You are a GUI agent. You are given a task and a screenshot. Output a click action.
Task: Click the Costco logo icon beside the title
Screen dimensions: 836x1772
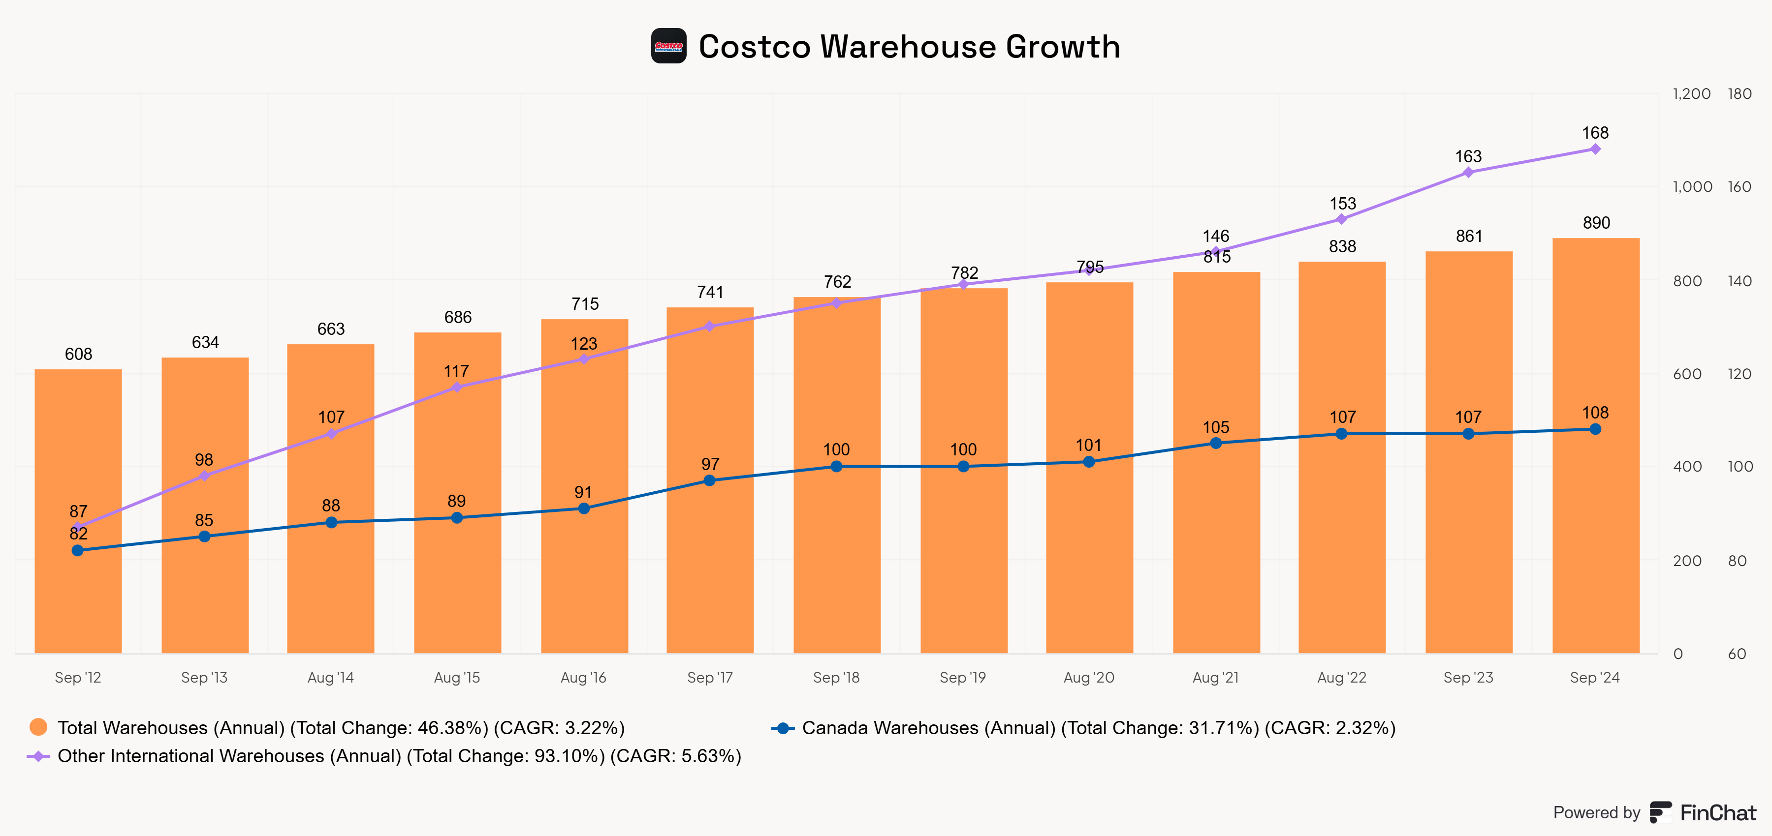668,46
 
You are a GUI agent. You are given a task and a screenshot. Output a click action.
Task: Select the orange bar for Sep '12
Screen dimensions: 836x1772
78,591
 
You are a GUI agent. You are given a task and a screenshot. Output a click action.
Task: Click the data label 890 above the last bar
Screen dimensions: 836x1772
1596,223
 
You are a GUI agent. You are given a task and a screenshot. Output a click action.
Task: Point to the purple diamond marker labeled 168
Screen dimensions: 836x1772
1595,149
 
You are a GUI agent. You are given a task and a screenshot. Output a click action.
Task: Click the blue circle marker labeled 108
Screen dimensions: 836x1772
1595,429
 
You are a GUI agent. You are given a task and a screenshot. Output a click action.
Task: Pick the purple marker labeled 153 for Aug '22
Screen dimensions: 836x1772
1341,219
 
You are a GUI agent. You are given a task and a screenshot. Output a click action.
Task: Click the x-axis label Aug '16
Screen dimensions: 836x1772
583,677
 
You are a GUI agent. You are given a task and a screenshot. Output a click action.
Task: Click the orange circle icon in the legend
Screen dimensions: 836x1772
38,727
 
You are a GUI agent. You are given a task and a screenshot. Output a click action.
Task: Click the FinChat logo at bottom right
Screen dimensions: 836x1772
1703,812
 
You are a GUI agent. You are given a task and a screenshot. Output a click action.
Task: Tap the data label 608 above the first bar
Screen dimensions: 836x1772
78,354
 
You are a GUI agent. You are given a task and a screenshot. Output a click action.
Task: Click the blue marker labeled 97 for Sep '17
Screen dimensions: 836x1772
710,480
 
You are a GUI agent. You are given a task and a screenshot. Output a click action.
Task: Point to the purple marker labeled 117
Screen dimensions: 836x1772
457,388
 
